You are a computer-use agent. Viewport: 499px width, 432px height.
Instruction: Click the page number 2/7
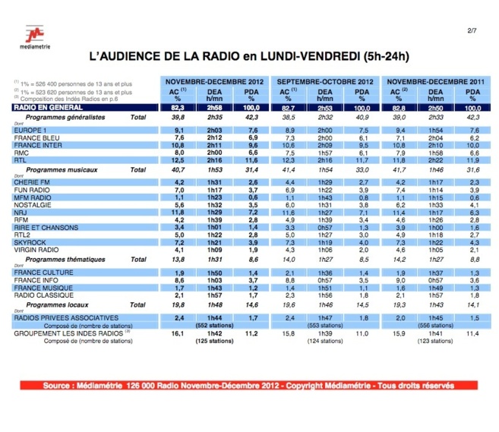(x=471, y=30)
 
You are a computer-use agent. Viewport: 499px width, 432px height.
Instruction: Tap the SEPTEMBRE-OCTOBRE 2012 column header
(x=325, y=80)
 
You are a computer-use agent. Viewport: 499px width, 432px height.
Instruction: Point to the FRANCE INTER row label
(x=36, y=144)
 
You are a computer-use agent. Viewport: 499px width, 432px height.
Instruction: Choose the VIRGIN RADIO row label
(x=35, y=250)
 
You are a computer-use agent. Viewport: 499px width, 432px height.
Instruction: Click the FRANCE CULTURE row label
(x=40, y=272)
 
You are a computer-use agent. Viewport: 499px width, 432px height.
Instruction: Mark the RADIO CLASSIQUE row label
(x=40, y=295)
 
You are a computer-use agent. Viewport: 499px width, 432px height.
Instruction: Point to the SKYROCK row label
(x=28, y=243)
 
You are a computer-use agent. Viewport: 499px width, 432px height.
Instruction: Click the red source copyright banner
(x=249, y=386)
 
